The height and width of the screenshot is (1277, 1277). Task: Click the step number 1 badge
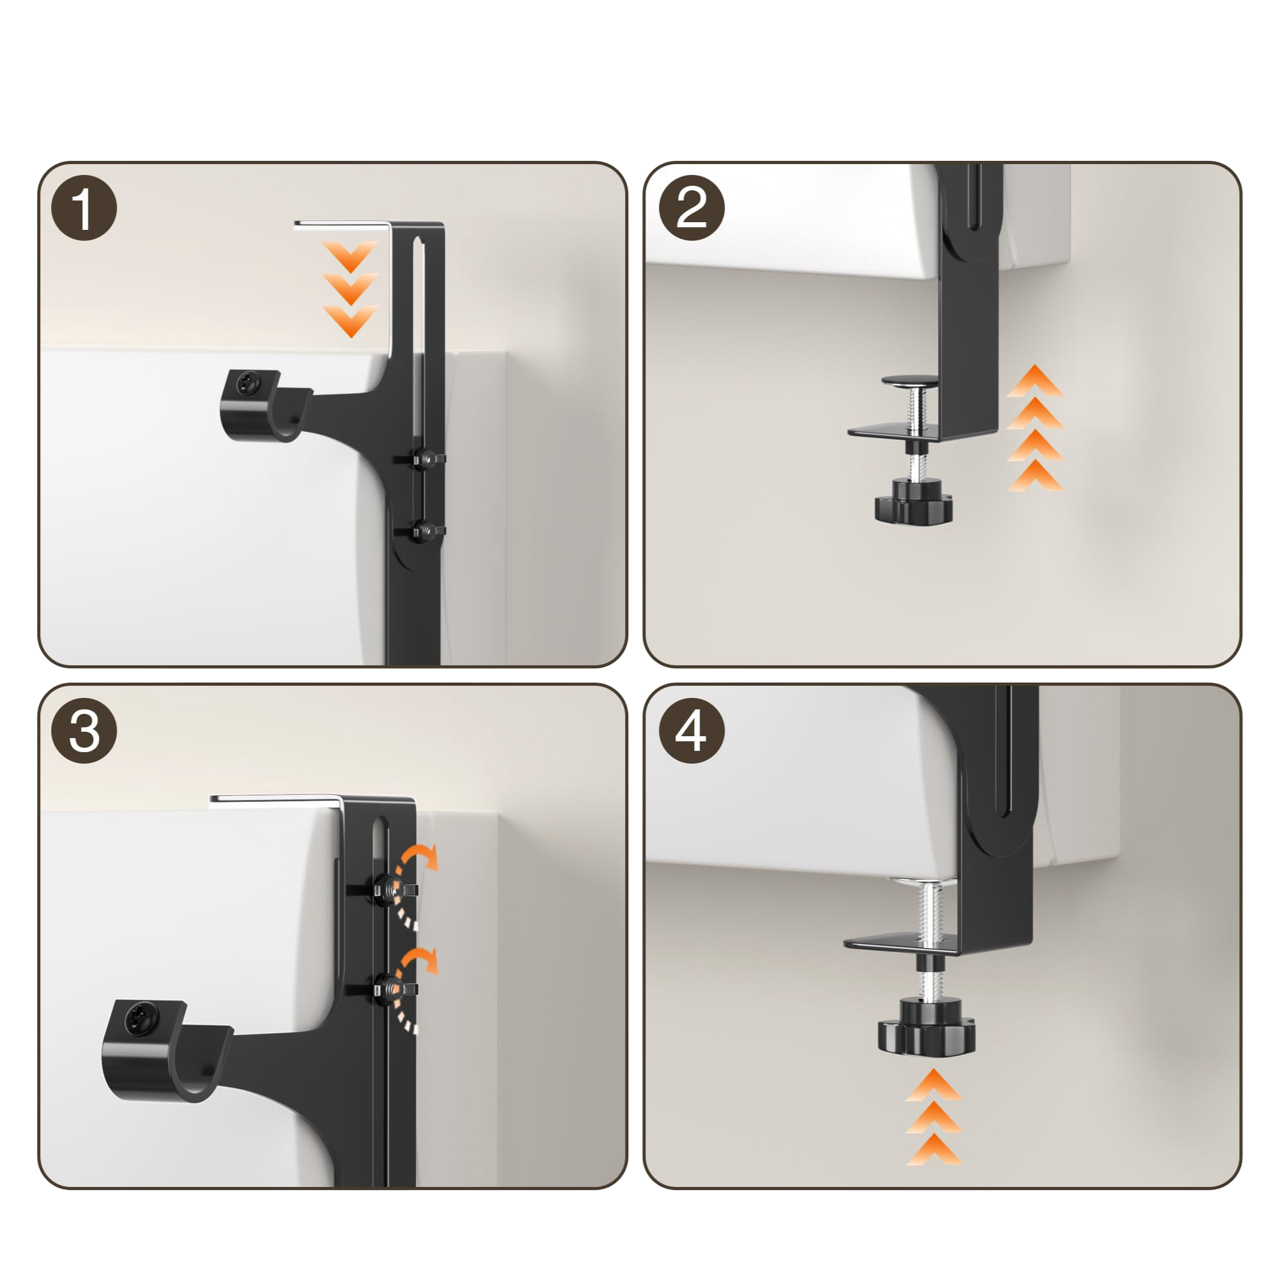click(84, 208)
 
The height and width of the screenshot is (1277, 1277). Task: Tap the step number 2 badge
click(692, 208)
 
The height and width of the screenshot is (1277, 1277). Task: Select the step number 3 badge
click(84, 731)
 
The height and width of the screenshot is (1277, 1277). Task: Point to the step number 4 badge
click(692, 731)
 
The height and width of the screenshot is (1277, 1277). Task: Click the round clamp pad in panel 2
click(910, 381)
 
